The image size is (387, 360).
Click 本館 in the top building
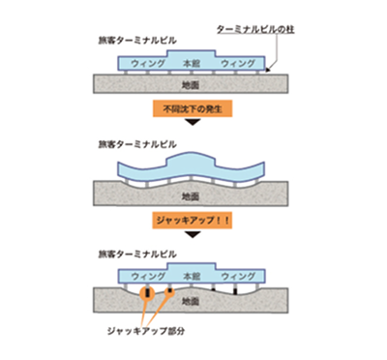[193, 63]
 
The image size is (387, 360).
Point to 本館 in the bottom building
[193, 275]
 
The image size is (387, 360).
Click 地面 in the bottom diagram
[193, 302]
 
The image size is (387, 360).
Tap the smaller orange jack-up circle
[170, 290]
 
